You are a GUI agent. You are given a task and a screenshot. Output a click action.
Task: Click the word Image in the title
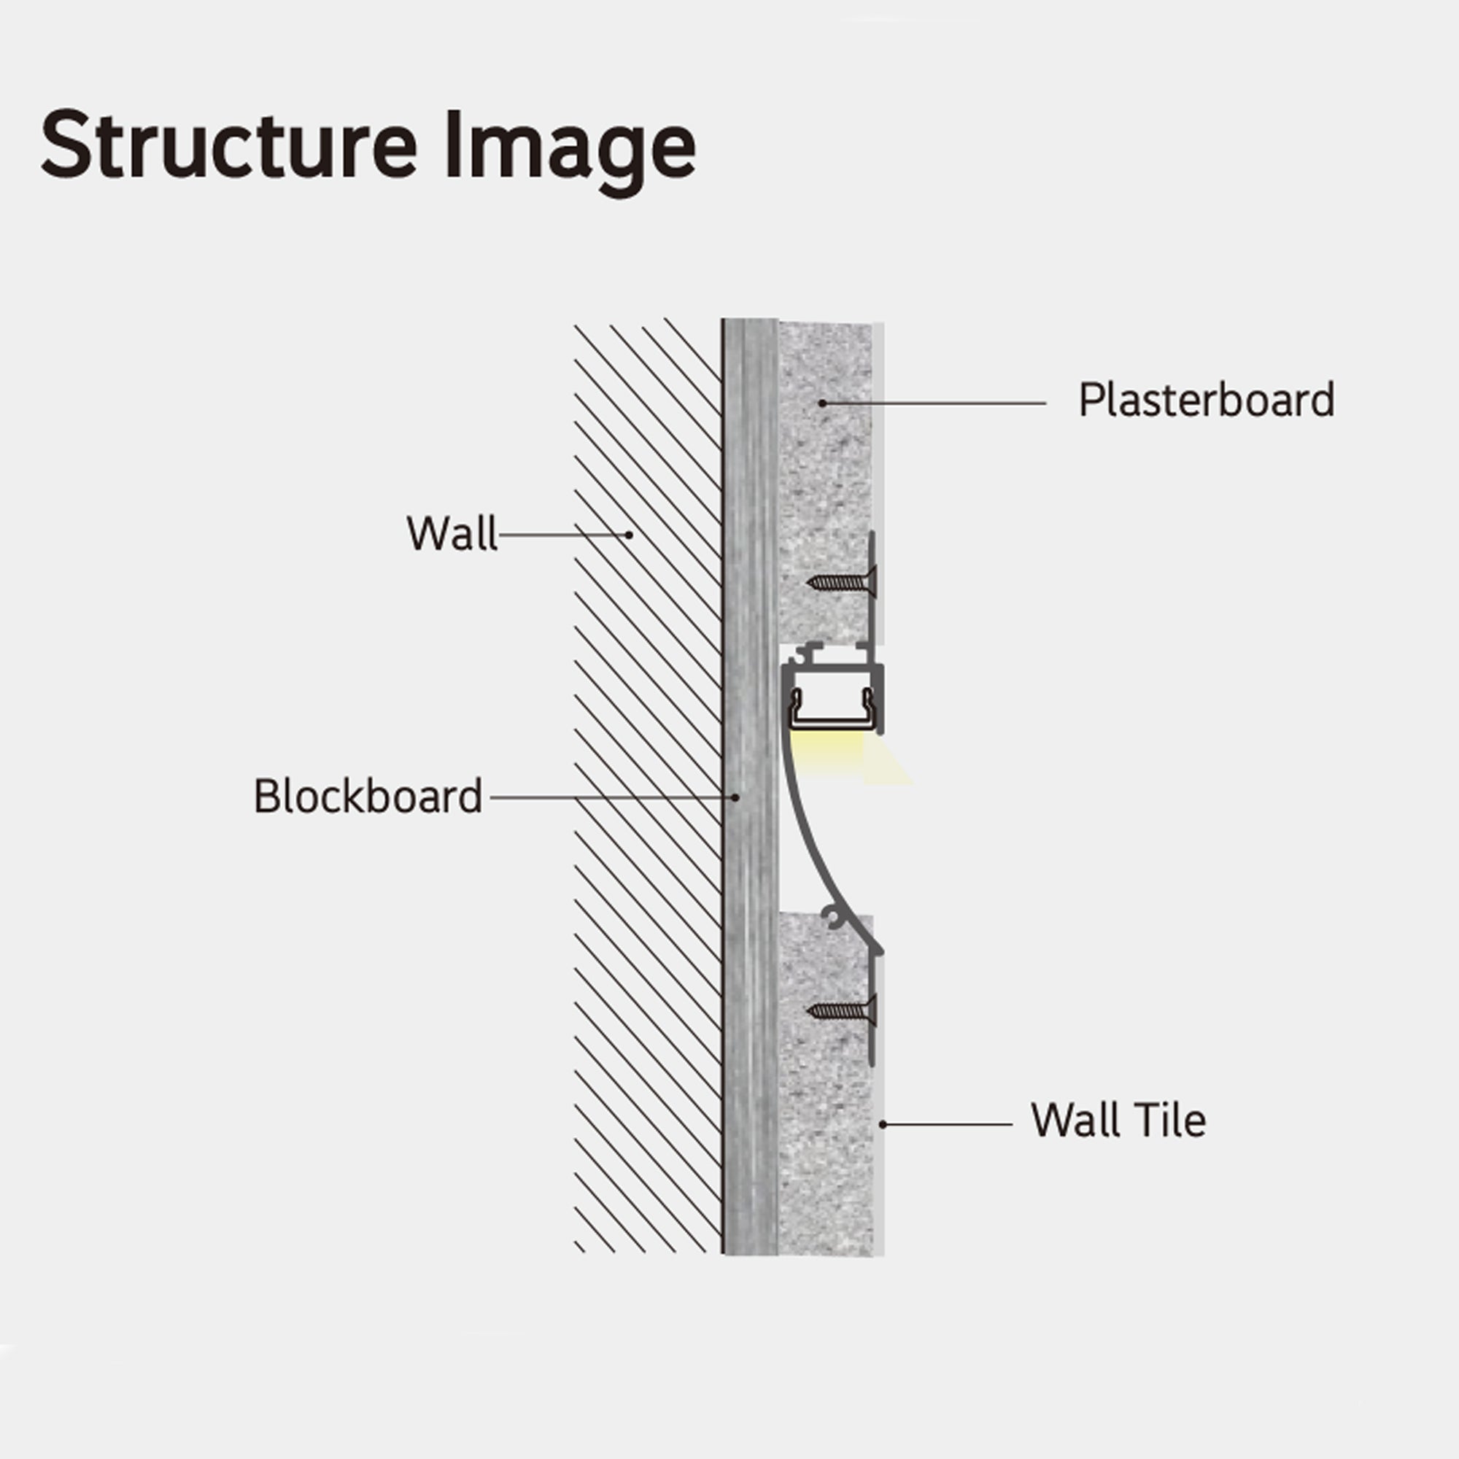pos(570,148)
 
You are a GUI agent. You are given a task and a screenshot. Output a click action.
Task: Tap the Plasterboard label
pos(1206,400)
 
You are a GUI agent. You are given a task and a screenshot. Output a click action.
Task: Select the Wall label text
pos(452,533)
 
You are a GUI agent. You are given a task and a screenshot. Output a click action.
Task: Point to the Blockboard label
pos(368,796)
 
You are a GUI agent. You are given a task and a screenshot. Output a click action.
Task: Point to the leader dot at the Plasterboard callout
pos(822,403)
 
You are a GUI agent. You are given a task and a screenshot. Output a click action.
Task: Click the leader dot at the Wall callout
pos(630,535)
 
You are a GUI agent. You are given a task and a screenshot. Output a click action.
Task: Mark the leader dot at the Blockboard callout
pos(735,797)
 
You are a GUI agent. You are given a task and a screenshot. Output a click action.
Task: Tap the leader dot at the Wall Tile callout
pos(883,1124)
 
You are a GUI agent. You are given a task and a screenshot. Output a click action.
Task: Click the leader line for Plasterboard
pos(937,403)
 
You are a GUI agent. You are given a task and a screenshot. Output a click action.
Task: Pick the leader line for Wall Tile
pos(948,1124)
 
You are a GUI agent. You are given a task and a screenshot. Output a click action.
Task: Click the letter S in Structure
pos(65,145)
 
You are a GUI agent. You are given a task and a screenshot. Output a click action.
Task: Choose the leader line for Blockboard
pos(604,797)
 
